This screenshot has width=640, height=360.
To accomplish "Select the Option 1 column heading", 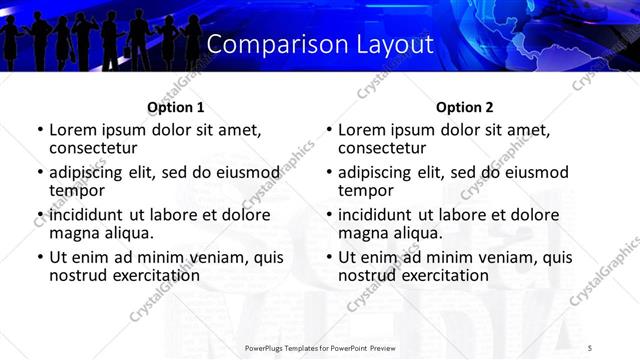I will tap(176, 106).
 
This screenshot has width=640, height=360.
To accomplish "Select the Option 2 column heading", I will tap(465, 106).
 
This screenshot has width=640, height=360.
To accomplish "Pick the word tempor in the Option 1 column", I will tap(77, 190).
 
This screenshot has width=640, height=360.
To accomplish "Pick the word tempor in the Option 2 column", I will tap(366, 190).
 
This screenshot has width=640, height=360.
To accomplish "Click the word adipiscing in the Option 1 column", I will tap(90, 172).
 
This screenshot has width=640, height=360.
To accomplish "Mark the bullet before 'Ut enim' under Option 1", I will tap(39, 257).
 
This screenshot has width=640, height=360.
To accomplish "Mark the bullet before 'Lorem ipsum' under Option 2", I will tap(328, 130).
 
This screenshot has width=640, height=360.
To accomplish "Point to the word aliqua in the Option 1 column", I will tap(127, 232).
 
